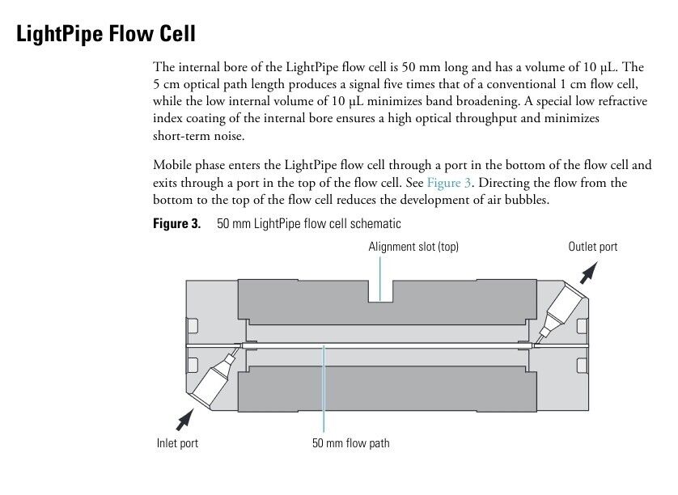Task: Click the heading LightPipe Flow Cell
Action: coord(106,36)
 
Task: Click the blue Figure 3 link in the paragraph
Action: coord(449,183)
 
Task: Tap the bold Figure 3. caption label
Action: coord(176,223)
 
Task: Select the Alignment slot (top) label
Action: coord(413,247)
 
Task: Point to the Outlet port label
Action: coord(592,247)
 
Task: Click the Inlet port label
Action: coord(177,442)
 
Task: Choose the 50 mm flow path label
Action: coord(350,442)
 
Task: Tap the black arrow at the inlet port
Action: coord(185,417)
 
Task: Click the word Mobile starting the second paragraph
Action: coord(172,165)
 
